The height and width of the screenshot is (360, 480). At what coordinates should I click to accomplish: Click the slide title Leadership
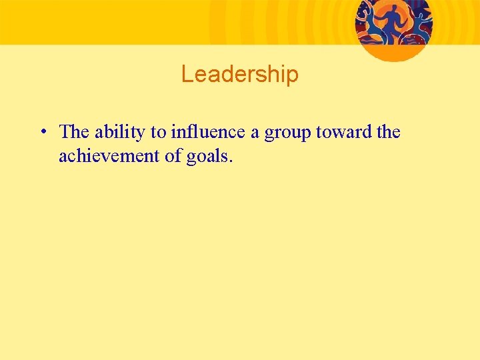point(239,74)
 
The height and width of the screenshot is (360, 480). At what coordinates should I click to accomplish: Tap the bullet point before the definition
point(42,131)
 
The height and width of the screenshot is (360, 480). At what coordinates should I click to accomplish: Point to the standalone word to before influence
point(159,133)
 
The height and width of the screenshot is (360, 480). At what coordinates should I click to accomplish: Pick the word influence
point(208,132)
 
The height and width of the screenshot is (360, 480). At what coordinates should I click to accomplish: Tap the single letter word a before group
point(255,133)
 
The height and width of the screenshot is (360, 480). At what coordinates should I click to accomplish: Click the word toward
point(345,132)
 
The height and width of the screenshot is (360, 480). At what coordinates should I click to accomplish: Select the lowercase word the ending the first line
point(388,132)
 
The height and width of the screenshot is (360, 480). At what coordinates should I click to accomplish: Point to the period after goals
point(231,161)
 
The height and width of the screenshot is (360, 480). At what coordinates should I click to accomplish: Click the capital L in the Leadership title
point(186,74)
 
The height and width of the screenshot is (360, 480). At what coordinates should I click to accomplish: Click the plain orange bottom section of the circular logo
point(394,52)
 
